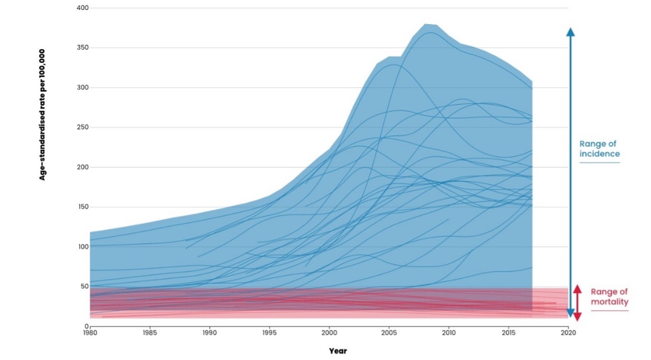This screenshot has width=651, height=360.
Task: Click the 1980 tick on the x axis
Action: (x=90, y=333)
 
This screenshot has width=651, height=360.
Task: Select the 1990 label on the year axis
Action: (x=209, y=333)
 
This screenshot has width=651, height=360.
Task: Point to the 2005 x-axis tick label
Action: (x=389, y=333)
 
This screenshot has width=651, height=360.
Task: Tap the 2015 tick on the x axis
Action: (x=508, y=333)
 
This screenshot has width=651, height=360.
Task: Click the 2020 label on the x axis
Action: (x=568, y=333)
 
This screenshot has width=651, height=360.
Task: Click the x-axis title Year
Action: (x=338, y=351)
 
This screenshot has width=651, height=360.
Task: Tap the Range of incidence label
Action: (x=599, y=148)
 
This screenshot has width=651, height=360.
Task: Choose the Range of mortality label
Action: (x=609, y=297)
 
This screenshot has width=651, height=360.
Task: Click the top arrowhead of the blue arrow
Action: (x=570, y=31)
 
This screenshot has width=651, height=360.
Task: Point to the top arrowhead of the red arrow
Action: (x=577, y=289)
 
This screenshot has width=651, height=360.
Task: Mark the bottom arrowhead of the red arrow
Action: (x=577, y=317)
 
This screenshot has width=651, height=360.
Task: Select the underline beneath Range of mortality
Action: (x=609, y=311)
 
